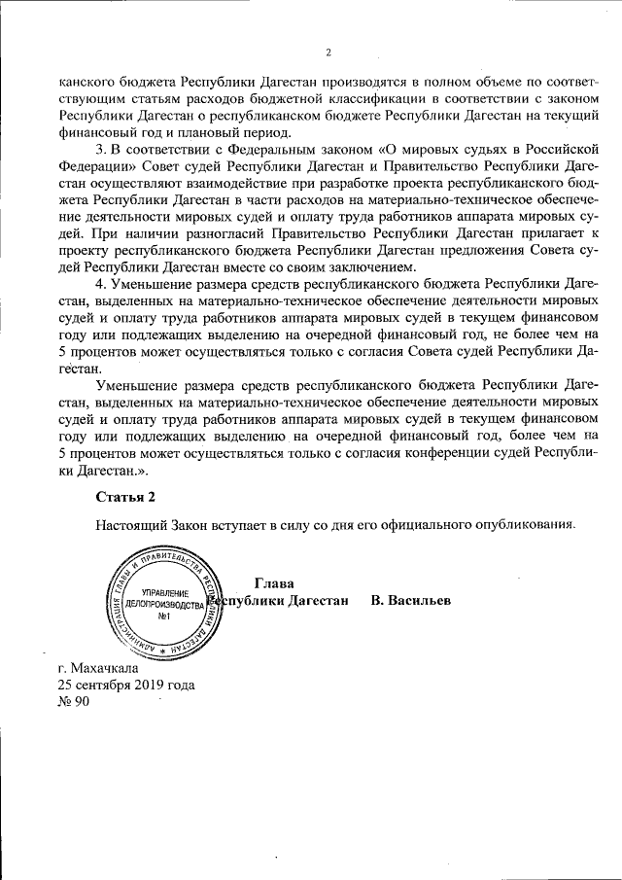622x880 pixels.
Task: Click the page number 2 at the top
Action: click(x=328, y=53)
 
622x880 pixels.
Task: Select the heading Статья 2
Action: click(x=125, y=498)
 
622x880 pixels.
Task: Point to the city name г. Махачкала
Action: click(x=98, y=668)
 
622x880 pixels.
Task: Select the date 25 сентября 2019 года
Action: click(x=126, y=685)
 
